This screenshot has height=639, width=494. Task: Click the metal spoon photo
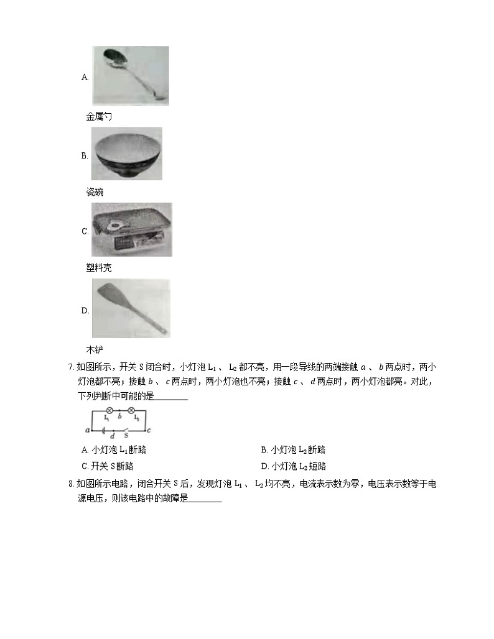point(130,75)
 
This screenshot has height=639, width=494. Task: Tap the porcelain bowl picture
point(126,154)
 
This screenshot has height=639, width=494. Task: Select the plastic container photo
point(131,229)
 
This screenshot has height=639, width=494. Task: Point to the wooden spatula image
point(131,308)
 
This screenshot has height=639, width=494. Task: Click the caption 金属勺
point(99,116)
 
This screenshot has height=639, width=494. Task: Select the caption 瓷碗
point(95,192)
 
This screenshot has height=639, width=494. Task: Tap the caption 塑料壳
point(99,268)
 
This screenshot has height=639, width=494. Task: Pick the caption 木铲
point(95,349)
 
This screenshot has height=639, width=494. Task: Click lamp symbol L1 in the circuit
point(110,411)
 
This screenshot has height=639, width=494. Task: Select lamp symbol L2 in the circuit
point(131,411)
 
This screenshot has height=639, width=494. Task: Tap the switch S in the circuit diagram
point(126,430)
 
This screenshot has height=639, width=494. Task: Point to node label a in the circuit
point(87,430)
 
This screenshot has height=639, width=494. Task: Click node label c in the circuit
point(150,430)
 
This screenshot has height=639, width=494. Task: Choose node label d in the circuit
point(112,436)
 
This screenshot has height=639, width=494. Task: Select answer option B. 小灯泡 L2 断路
point(293,450)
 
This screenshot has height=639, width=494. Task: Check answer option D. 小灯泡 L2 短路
point(293,466)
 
